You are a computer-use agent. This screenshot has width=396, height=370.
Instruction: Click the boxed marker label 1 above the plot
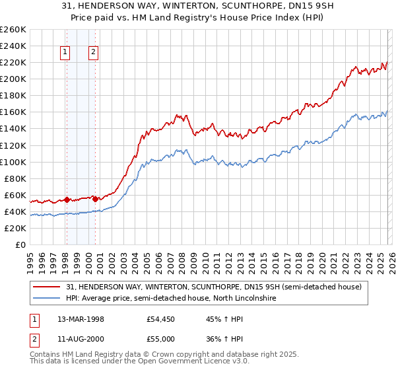[66, 53]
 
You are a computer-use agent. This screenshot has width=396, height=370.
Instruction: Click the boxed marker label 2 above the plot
[94, 53]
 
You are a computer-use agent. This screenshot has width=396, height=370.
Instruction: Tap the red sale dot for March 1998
[67, 199]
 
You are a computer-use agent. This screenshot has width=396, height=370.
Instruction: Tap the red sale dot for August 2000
[95, 198]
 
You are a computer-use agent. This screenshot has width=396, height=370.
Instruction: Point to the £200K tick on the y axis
[13, 79]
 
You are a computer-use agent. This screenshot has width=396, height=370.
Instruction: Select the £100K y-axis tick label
[13, 162]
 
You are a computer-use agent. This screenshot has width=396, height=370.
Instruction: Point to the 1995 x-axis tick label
[30, 258]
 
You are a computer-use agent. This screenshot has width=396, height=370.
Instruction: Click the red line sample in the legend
[47, 287]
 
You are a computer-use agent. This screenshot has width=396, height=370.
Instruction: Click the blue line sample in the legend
[47, 299]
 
